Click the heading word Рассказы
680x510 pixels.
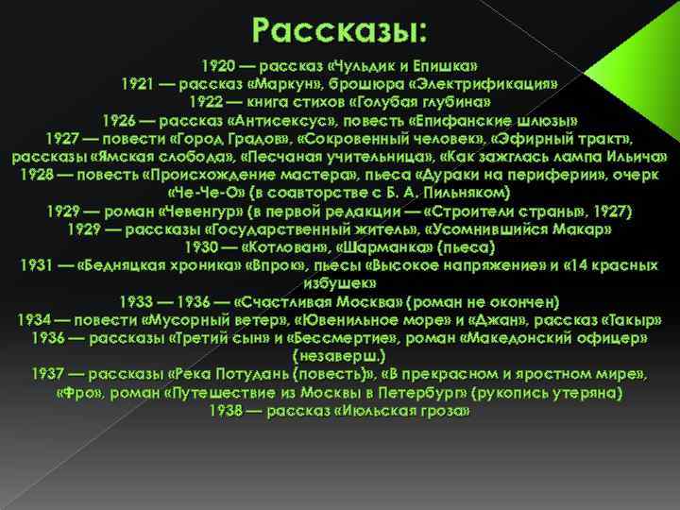(x=339, y=30)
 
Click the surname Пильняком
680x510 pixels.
(x=467, y=193)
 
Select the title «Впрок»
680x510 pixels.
(x=272, y=264)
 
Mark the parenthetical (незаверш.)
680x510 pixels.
(x=340, y=356)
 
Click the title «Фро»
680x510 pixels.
(x=78, y=392)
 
